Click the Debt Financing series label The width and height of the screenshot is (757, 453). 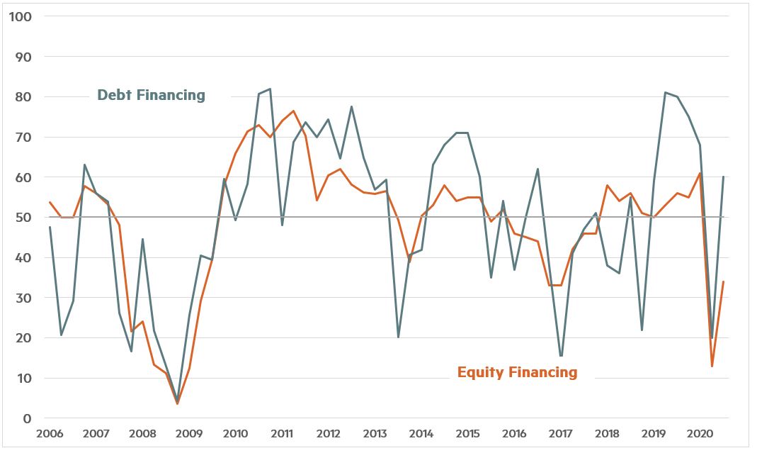coord(151,95)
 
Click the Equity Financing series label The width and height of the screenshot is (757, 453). coord(517,372)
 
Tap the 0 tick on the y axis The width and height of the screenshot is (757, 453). coord(26,418)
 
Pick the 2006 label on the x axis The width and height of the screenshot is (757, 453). coord(50,433)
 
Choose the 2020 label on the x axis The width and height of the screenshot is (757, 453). coord(700,433)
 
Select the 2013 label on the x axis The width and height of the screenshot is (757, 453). coord(375,433)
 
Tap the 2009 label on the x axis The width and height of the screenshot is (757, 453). coord(189,433)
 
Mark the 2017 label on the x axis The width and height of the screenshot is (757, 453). coord(561,433)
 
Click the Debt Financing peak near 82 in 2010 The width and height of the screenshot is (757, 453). coord(270,89)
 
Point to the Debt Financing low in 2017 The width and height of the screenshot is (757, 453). coord(561,357)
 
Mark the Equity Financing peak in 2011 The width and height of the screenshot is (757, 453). coord(293,111)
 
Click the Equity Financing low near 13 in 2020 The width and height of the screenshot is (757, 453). coord(712,366)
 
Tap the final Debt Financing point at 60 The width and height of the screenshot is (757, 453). coord(723,177)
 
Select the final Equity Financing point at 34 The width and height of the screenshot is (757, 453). coord(723,281)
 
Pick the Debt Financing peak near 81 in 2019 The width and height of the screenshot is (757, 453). coord(665,92)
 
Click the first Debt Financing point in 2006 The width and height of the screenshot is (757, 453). coord(50,227)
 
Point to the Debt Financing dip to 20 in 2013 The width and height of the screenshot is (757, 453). coord(398,337)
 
